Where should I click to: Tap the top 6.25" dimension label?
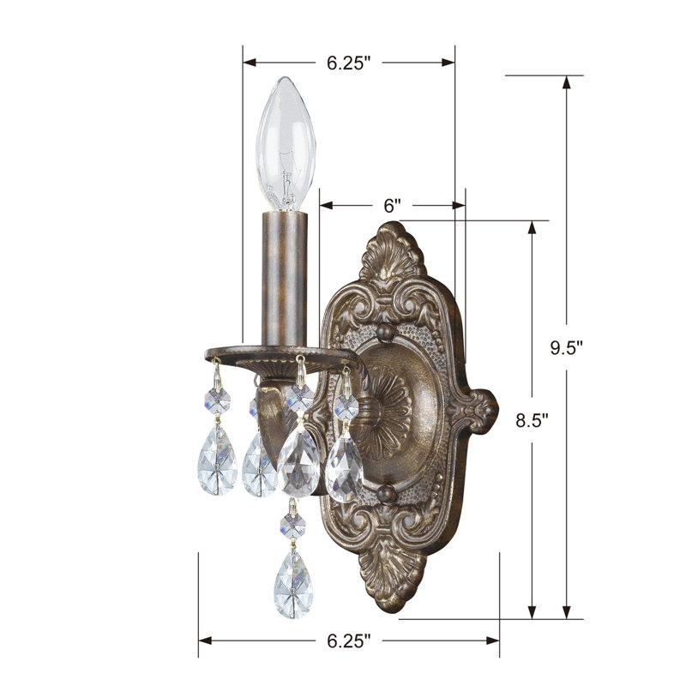(348, 63)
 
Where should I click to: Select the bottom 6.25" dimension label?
(348, 641)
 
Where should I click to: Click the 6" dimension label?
(392, 206)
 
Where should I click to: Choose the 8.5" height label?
(532, 421)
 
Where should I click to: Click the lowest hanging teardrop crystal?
(293, 584)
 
